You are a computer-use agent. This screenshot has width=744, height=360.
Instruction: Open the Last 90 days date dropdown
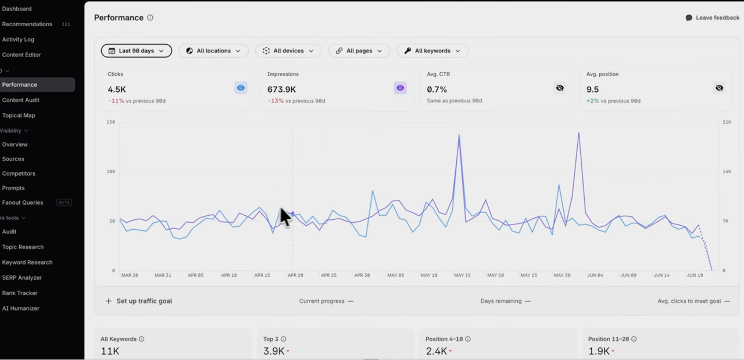[136, 51]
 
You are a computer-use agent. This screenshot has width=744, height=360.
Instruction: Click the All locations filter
[213, 51]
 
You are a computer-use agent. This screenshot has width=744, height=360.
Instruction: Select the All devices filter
[288, 51]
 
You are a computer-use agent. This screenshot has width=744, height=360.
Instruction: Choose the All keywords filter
[432, 51]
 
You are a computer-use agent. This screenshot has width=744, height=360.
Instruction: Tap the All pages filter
[359, 51]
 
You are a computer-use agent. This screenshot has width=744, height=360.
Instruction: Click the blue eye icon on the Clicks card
[241, 88]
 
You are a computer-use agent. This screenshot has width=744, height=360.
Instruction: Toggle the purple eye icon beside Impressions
[400, 88]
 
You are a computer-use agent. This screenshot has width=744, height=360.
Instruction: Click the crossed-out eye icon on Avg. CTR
[560, 88]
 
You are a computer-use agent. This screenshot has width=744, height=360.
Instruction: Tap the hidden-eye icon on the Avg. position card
[720, 88]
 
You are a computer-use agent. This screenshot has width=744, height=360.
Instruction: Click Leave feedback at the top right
[713, 17]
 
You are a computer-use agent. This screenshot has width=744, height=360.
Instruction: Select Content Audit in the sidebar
[20, 100]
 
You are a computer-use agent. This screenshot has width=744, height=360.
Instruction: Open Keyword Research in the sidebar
[27, 262]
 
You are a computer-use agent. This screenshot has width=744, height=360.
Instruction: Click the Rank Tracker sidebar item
[20, 293]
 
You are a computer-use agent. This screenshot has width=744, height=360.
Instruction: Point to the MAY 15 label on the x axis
[462, 275]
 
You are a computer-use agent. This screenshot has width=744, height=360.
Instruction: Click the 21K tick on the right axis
[727, 122]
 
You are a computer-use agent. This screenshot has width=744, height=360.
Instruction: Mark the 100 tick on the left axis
[110, 172]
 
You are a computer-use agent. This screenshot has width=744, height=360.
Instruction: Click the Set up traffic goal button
[139, 301]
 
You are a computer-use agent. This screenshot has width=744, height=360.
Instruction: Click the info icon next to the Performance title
[150, 17]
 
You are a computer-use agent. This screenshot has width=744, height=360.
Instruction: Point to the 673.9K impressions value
[281, 90]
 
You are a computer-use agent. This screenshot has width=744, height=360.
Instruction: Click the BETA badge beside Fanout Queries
[64, 202]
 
